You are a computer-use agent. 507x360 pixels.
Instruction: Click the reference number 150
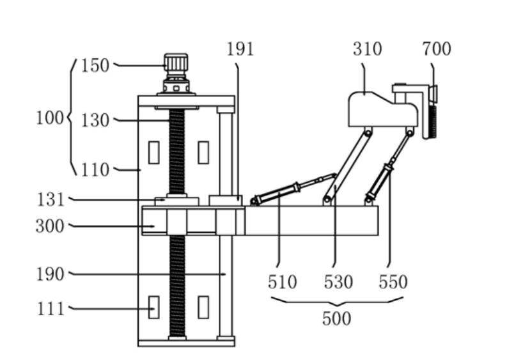coord(95,66)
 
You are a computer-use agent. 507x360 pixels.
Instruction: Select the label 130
coord(95,121)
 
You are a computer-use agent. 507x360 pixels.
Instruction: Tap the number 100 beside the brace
coord(49,118)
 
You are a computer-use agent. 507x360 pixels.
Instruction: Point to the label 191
coord(240,49)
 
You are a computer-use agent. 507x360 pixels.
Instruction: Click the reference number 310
coord(368,49)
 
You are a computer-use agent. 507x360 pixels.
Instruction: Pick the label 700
coord(437,49)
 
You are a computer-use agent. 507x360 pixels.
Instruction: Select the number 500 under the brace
coord(336,318)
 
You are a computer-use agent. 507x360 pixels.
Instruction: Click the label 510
coord(283,282)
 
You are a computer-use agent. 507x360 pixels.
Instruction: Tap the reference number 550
coord(393,282)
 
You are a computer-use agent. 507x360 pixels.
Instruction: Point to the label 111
coord(51,309)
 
